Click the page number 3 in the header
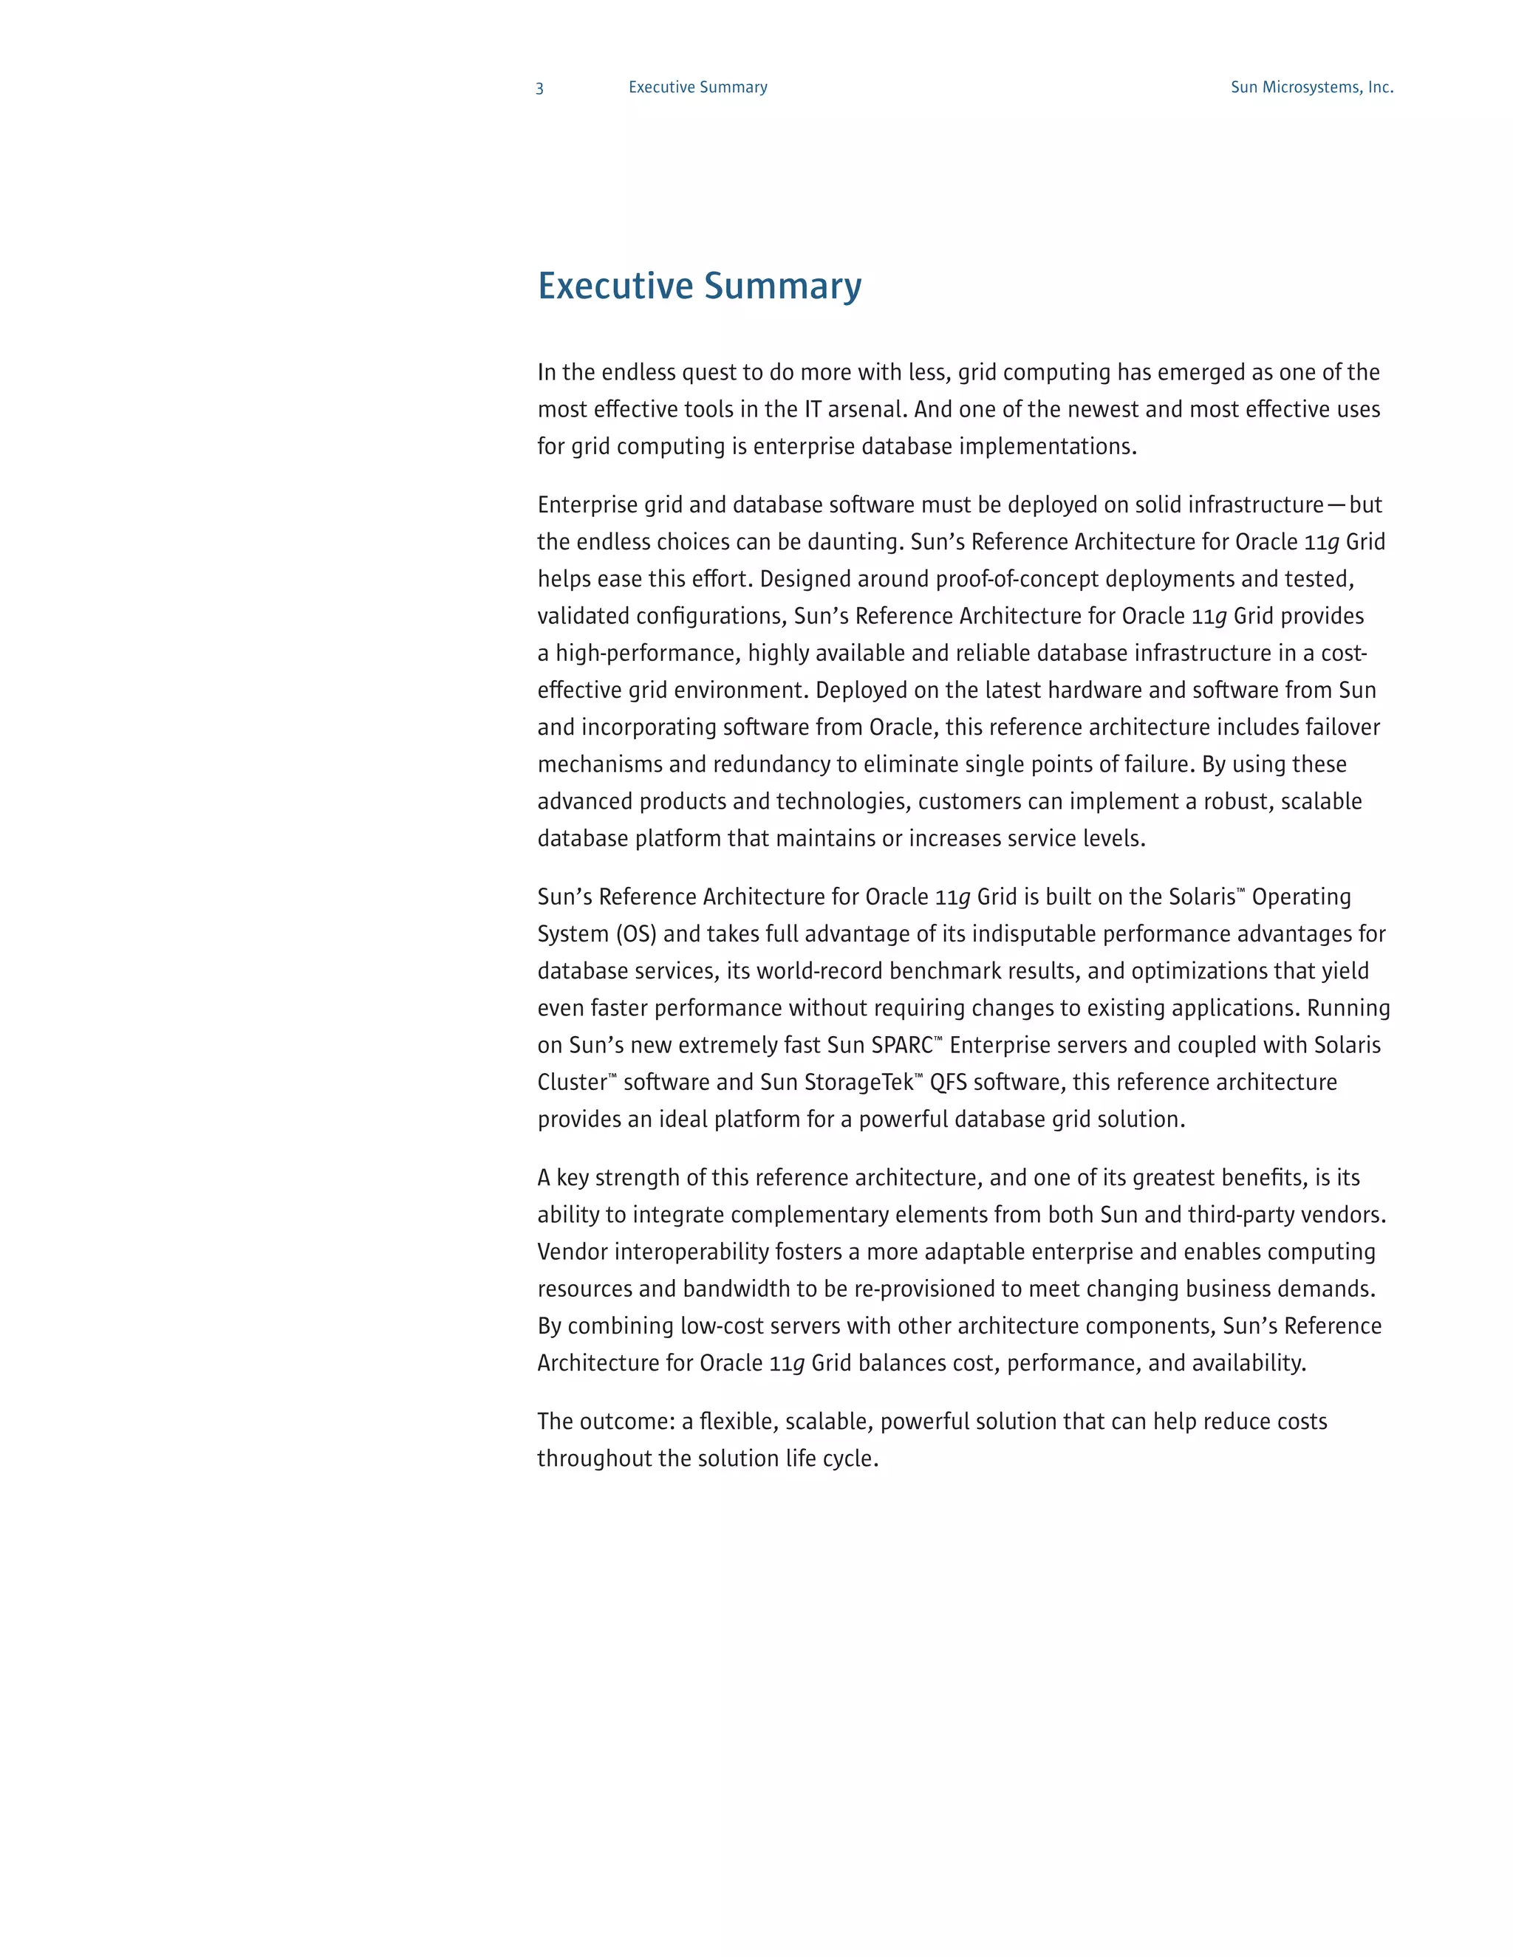pos(539,88)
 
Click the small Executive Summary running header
pos(697,87)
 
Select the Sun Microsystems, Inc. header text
pos(1311,87)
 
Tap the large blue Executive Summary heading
pos(699,286)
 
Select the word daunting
pos(857,542)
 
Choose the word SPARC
pos(901,1046)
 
